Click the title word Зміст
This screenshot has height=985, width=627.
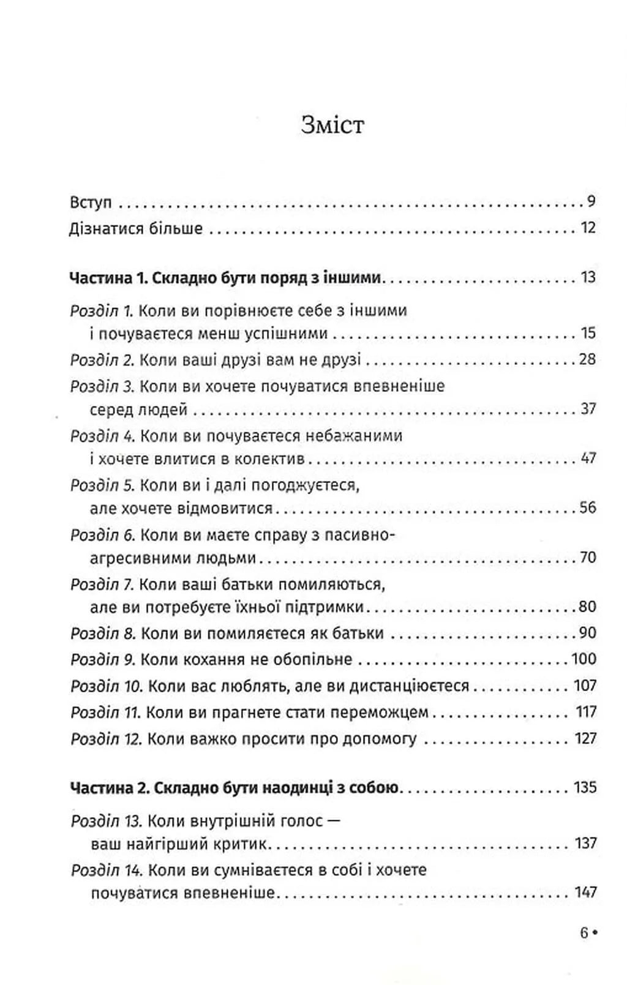tap(332, 125)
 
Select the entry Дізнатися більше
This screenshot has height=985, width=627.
tap(136, 228)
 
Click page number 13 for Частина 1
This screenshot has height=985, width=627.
tap(588, 278)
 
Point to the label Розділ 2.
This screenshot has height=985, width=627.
tap(102, 359)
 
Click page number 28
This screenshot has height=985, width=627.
tap(587, 359)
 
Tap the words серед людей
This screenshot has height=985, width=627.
tap(138, 409)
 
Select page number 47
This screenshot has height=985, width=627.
tap(587, 458)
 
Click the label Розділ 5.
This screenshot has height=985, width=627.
tap(102, 485)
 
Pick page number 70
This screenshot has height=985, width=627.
tap(587, 557)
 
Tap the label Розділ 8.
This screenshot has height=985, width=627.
tap(102, 633)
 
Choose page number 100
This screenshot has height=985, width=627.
tap(584, 659)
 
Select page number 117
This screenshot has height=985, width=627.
tap(586, 712)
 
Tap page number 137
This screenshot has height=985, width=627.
tap(585, 843)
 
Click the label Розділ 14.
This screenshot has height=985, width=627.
tap(106, 870)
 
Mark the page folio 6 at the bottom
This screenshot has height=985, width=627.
tap(584, 933)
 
